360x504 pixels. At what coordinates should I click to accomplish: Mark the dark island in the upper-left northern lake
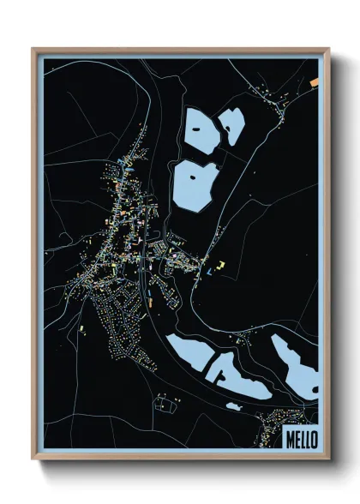(x=198, y=128)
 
